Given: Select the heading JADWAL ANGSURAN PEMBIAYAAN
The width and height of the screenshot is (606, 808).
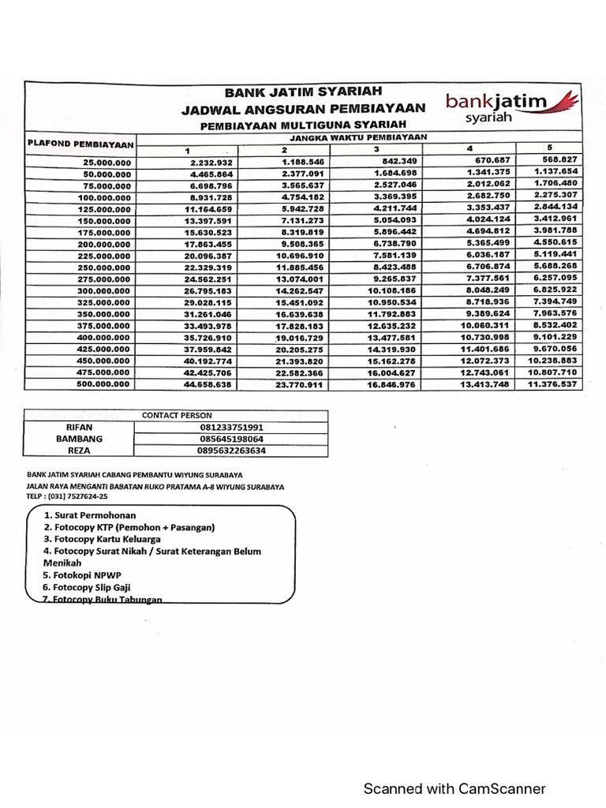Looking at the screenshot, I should click(x=303, y=108).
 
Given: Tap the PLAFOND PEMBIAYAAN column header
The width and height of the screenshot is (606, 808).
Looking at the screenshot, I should click(x=79, y=144).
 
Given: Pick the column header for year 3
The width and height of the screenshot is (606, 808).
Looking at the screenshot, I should click(x=376, y=150).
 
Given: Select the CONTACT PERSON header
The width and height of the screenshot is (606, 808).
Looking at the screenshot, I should click(x=176, y=415).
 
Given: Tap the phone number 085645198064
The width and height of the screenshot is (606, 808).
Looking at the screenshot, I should click(x=230, y=440).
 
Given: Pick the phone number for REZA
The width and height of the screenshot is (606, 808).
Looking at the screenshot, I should click(x=230, y=451).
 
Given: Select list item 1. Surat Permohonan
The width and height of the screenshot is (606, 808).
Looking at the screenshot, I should click(x=89, y=515).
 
